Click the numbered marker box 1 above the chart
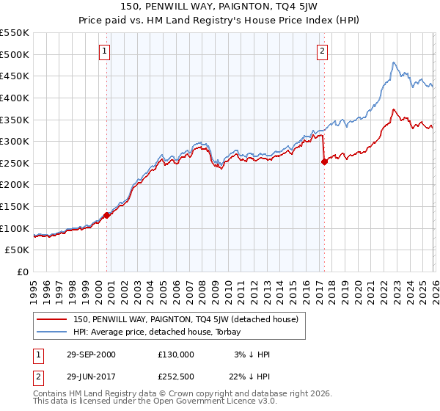(x=106, y=51)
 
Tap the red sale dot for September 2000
(x=107, y=215)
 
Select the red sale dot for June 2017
(x=324, y=162)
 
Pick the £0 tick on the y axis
(x=24, y=272)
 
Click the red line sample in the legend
(x=51, y=319)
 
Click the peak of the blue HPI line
(x=394, y=62)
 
